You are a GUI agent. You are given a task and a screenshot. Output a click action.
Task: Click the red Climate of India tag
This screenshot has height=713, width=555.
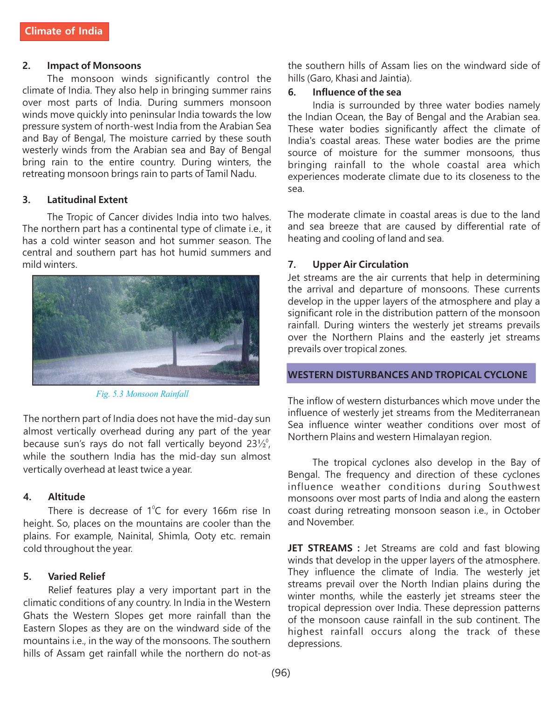[x=64, y=31]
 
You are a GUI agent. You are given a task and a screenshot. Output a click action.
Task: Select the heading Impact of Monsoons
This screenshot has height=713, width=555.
[x=94, y=66]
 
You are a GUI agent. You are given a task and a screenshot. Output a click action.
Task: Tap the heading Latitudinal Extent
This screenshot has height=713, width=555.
[x=87, y=200]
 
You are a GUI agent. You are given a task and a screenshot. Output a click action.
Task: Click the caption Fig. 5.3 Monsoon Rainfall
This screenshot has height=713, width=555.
[x=142, y=394]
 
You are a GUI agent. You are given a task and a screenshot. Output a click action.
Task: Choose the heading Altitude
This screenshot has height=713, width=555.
[x=67, y=497]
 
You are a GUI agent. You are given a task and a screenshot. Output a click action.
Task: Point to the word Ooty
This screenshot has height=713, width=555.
[x=205, y=536]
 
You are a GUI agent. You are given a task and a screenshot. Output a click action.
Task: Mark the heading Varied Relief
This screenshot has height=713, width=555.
[x=76, y=577]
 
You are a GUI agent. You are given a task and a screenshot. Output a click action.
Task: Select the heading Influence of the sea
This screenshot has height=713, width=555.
[x=356, y=92]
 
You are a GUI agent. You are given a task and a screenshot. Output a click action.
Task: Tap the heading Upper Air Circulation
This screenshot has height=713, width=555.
[x=360, y=265]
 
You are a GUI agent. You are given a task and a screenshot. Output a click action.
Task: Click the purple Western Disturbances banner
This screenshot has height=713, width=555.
[x=411, y=374]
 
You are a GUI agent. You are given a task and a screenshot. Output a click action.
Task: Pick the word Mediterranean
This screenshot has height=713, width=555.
[x=507, y=413]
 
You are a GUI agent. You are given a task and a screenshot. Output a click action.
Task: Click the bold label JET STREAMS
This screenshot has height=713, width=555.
[x=320, y=548]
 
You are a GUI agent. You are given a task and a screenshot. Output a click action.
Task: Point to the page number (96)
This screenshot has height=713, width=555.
[x=281, y=672]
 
